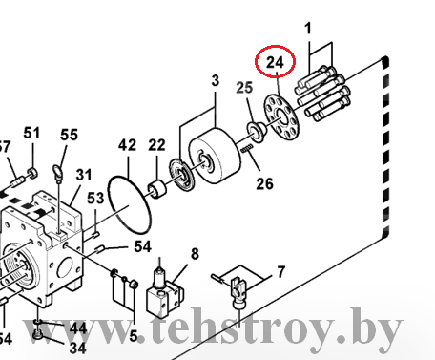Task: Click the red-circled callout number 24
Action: coord(275,62)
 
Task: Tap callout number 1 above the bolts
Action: coord(308,29)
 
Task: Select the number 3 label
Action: coord(216,81)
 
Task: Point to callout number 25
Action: coord(244,88)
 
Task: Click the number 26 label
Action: coord(265,183)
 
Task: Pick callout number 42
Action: coord(127,145)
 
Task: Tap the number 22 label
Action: coord(156,145)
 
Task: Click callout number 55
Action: coord(69,135)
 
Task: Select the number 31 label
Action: coord(84,175)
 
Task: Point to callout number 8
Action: coord(195,254)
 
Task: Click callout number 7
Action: coord(281,272)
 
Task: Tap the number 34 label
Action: coord(77,348)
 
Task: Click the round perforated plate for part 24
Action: coord(281,116)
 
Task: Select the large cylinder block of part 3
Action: coord(215,156)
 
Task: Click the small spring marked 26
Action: coord(247,148)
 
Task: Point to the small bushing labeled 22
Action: coord(157,189)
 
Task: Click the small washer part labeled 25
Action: coord(257,132)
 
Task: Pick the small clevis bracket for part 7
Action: coord(238,292)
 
